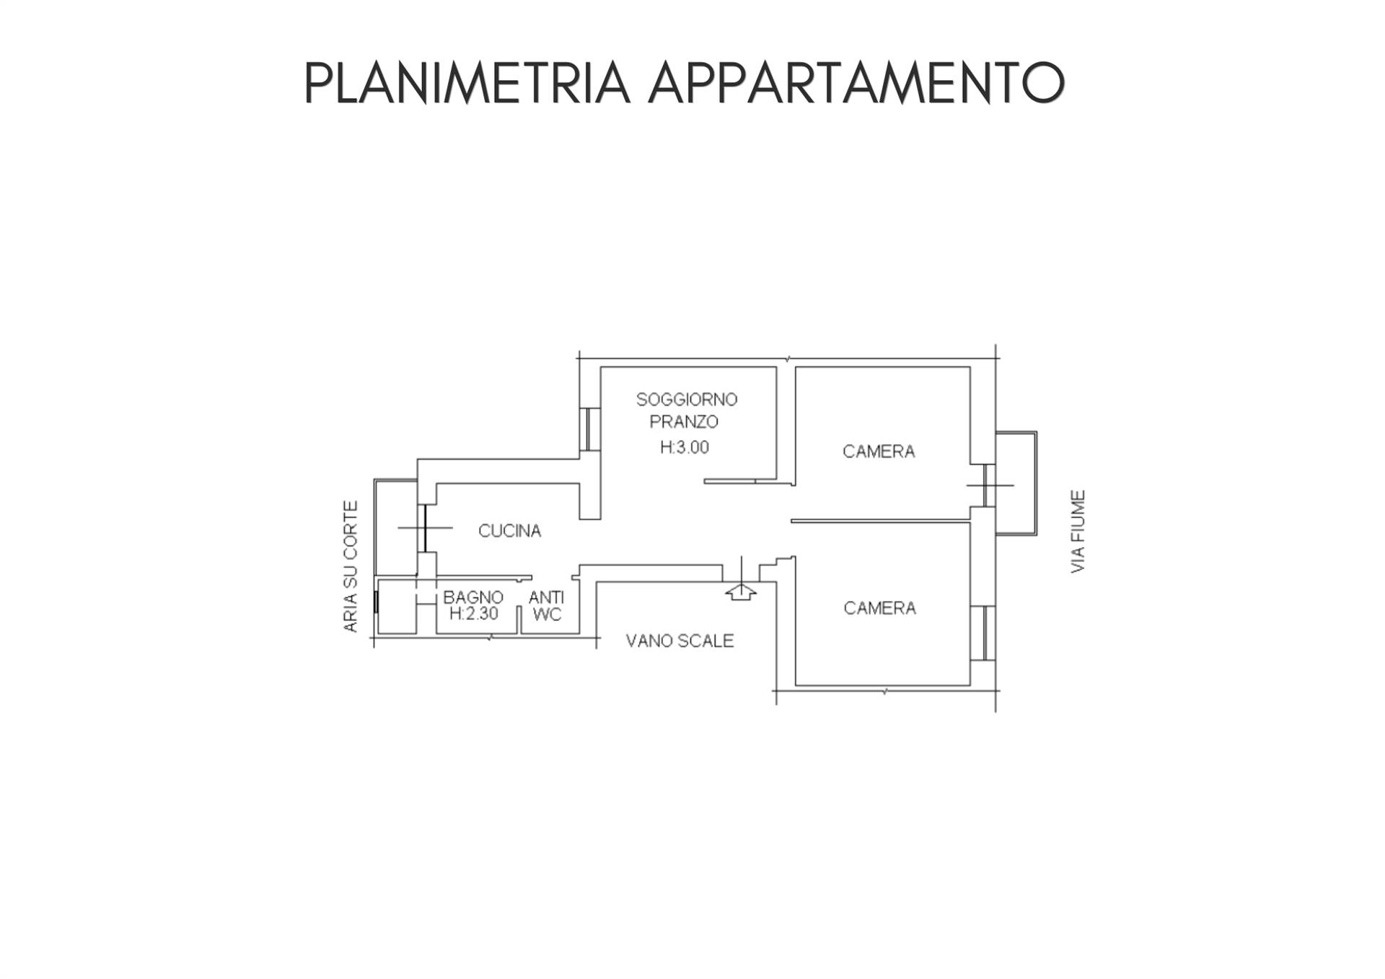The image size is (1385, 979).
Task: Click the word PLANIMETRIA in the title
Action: click(x=467, y=83)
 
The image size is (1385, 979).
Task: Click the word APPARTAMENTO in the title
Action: click(x=856, y=83)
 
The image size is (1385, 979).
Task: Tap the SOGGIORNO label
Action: click(x=687, y=399)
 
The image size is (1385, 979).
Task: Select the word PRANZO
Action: click(x=684, y=421)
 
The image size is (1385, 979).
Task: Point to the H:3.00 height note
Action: click(x=685, y=447)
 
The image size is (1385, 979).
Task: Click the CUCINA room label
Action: click(x=509, y=531)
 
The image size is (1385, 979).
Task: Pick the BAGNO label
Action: click(x=473, y=597)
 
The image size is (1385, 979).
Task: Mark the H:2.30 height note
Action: click(x=473, y=614)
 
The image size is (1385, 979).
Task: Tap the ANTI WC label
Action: click(x=546, y=606)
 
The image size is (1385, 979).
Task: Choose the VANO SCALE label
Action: click(x=680, y=641)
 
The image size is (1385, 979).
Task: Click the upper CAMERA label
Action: click(x=879, y=452)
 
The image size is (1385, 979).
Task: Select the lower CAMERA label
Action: click(x=879, y=608)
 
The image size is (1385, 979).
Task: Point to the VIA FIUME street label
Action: click(x=1078, y=532)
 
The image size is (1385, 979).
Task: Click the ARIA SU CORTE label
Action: click(x=351, y=567)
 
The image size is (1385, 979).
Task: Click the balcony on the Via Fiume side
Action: click(x=1016, y=483)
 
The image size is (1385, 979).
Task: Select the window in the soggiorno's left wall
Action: click(x=590, y=429)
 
